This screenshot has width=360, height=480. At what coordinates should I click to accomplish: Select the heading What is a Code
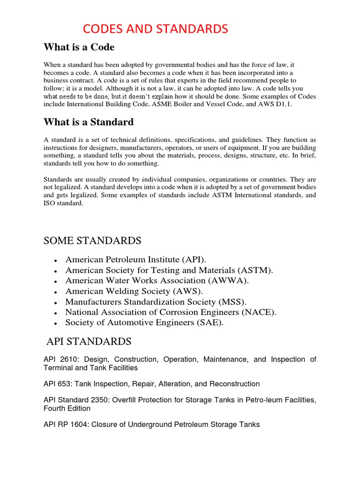pos(79,47)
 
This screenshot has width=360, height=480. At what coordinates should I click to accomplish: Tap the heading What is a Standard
pos(89,122)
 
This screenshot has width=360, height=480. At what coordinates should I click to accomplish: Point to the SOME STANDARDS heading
pos(92,241)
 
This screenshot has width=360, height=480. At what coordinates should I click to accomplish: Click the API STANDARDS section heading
pos(89,341)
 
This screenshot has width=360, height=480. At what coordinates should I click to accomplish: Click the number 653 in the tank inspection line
pos(64,384)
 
